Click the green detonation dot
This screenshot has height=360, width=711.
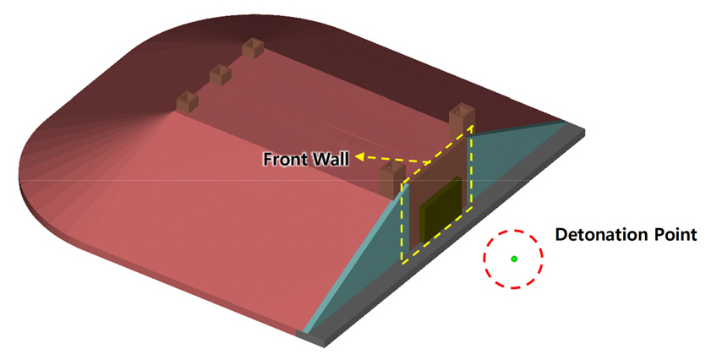[x=514, y=259]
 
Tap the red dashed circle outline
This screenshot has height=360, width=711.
[x=484, y=259]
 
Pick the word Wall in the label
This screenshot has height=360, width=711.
[x=331, y=159]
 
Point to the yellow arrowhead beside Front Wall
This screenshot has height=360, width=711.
[x=360, y=156]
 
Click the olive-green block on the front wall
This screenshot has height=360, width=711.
[x=440, y=209]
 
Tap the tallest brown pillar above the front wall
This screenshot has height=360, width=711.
[x=462, y=121]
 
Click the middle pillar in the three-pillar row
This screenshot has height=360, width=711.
[x=221, y=75]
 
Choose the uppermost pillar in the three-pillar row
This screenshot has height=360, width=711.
[x=253, y=48]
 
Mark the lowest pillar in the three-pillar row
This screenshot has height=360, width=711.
[x=188, y=101]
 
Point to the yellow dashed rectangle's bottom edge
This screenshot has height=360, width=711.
[x=437, y=234]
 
